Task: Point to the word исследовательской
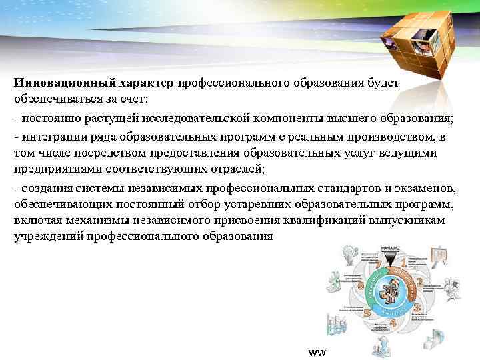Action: click(201, 118)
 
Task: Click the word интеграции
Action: click(51, 137)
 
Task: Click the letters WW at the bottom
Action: click(317, 351)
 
